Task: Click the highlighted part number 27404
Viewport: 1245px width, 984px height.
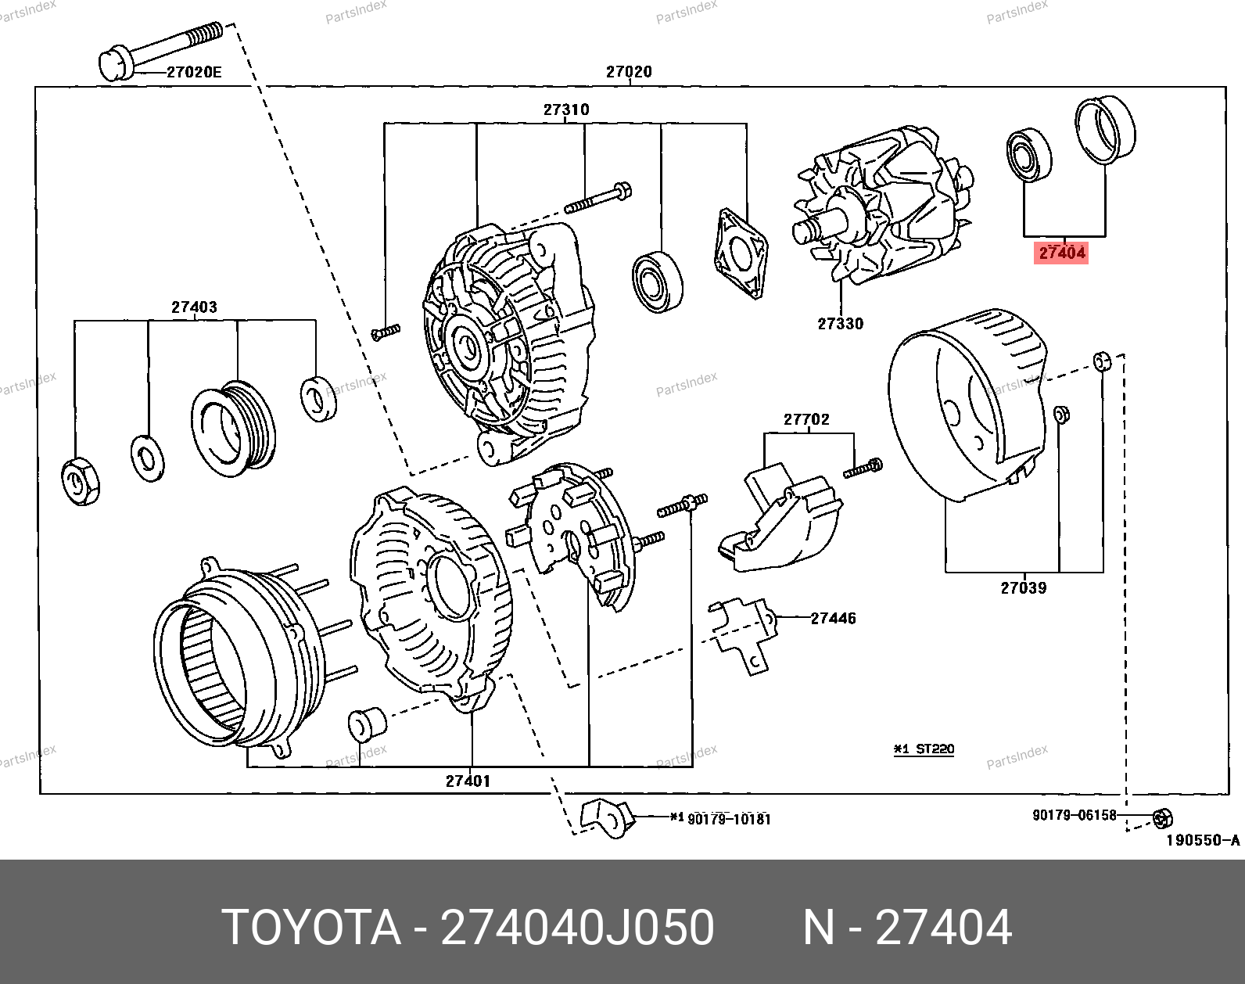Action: pyautogui.click(x=1061, y=253)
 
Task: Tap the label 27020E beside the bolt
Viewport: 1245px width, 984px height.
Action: pyautogui.click(x=194, y=72)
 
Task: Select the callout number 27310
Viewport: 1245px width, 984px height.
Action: pyautogui.click(x=566, y=110)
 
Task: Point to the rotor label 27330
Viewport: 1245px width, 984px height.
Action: pyautogui.click(x=840, y=324)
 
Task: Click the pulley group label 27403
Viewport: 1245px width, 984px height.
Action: pyautogui.click(x=194, y=307)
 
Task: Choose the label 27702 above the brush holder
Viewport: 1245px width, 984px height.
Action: pyautogui.click(x=806, y=419)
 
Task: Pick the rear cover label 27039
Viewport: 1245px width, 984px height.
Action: pyautogui.click(x=1024, y=588)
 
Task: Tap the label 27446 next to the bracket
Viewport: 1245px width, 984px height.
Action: pyautogui.click(x=833, y=618)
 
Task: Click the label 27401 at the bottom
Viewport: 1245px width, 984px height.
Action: pyautogui.click(x=468, y=781)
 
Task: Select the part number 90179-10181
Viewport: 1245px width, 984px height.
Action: pyautogui.click(x=729, y=819)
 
